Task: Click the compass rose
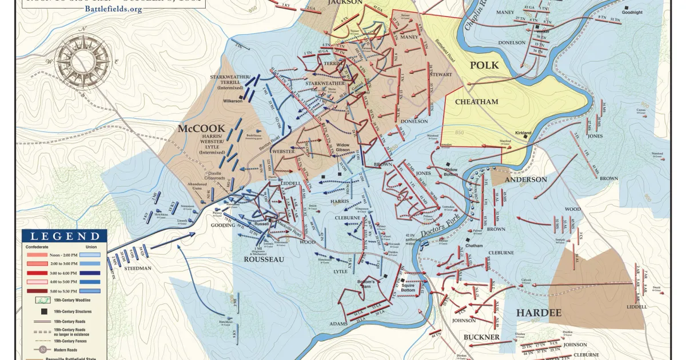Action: (83, 60)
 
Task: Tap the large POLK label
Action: (484, 65)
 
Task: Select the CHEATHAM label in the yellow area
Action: (476, 102)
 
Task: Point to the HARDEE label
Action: (539, 312)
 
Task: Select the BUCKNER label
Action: (481, 337)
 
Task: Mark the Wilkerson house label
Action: (232, 101)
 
